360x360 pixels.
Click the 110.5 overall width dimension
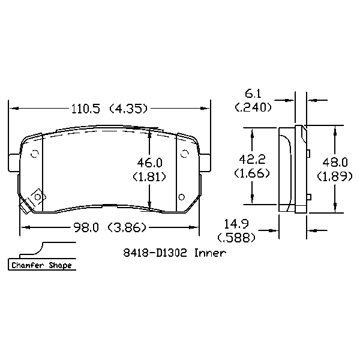[86, 109]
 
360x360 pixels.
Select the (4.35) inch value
[128, 109]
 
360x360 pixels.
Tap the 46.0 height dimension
[149, 163]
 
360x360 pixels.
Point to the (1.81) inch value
[149, 176]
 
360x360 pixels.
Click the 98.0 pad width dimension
[86, 227]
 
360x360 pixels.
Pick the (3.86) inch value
[127, 227]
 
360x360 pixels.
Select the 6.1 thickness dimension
[253, 94]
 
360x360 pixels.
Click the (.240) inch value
[253, 107]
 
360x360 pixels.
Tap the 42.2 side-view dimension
[253, 159]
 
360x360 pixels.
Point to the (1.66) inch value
[252, 173]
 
